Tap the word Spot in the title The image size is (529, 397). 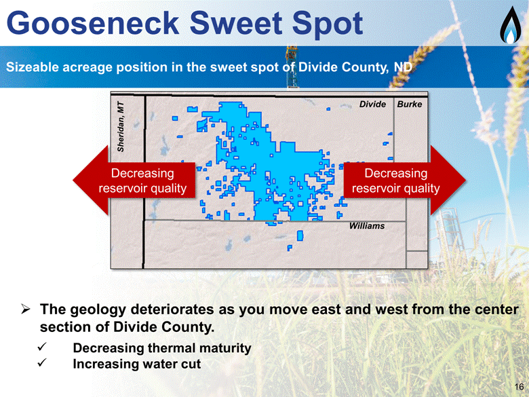click(327, 24)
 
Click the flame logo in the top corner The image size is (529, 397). click(511, 25)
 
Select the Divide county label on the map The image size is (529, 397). click(372, 104)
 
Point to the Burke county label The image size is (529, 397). click(410, 104)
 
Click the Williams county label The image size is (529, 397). click(367, 226)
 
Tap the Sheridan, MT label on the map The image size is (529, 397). click(121, 127)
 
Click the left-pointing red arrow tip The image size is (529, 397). click(73, 181)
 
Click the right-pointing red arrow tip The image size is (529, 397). click(465, 181)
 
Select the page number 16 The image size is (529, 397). click(520, 387)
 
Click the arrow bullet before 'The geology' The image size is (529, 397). click(26, 309)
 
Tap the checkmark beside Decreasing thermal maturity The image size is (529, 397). click(42, 347)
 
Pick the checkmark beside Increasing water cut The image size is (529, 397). click(42, 363)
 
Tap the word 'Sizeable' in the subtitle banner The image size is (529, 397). click(33, 67)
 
